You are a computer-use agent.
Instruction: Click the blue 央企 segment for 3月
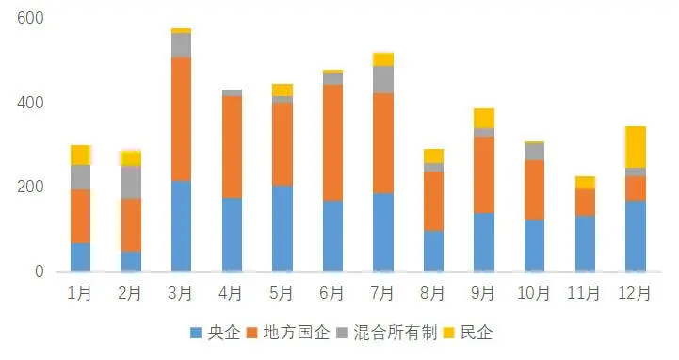click(181, 226)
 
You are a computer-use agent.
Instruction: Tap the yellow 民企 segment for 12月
click(636, 147)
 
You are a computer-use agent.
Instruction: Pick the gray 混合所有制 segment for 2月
click(131, 182)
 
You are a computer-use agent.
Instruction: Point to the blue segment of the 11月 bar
click(585, 243)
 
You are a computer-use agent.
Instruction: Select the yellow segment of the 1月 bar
click(81, 155)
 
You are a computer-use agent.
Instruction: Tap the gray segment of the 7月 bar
click(383, 79)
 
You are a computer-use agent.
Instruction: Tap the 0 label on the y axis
click(40, 272)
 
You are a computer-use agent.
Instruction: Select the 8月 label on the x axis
click(433, 293)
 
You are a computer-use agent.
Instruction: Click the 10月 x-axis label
click(534, 293)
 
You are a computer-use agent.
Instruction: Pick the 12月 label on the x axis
click(636, 293)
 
